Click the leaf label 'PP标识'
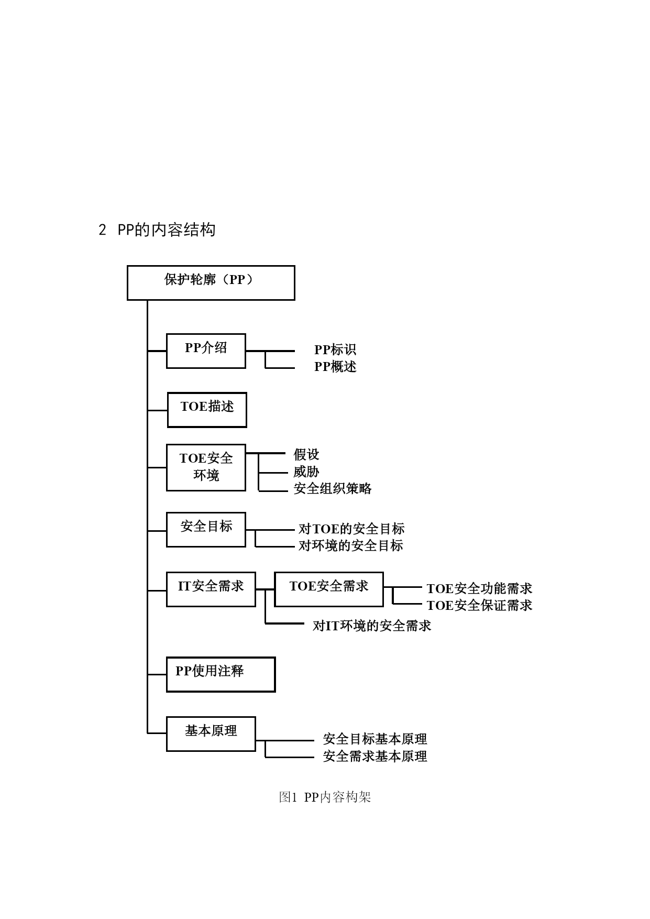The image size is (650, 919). pos(335,350)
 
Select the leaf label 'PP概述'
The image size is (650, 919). pos(335,367)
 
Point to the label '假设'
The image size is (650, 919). pos(306,455)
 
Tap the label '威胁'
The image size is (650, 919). pos(306,472)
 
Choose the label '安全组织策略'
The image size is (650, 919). pos(333,488)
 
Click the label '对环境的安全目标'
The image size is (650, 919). pos(351,546)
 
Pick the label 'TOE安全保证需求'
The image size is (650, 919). pos(479,606)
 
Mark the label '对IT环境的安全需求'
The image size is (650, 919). pos(372,626)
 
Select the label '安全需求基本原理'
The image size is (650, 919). pos(375,756)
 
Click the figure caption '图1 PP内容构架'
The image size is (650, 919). pos(325,797)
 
